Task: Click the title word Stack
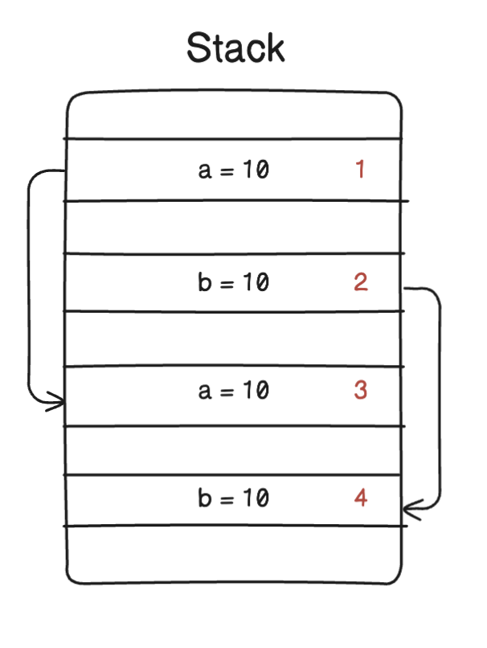click(235, 48)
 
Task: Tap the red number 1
click(360, 170)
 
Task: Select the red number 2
click(360, 282)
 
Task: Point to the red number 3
click(360, 391)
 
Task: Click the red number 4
click(360, 498)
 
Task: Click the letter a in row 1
click(204, 171)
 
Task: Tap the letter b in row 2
click(204, 282)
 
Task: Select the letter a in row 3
click(204, 392)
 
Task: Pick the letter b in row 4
click(204, 498)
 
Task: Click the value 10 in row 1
click(256, 170)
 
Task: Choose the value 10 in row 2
click(256, 282)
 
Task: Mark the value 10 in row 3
click(256, 391)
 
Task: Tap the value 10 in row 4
click(256, 498)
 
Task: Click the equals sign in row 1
click(227, 171)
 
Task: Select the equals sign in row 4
click(227, 499)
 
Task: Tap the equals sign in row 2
click(227, 283)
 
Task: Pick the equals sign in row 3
click(227, 392)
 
